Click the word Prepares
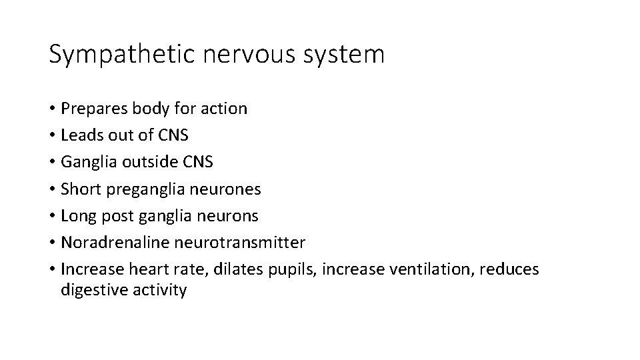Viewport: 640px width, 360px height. click(x=92, y=109)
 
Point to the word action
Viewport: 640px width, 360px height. click(x=224, y=109)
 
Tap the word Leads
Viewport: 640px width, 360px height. click(x=80, y=135)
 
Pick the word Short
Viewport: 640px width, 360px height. click(x=79, y=189)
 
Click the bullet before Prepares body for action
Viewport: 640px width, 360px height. click(x=52, y=109)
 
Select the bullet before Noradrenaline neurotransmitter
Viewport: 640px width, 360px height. click(x=52, y=242)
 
